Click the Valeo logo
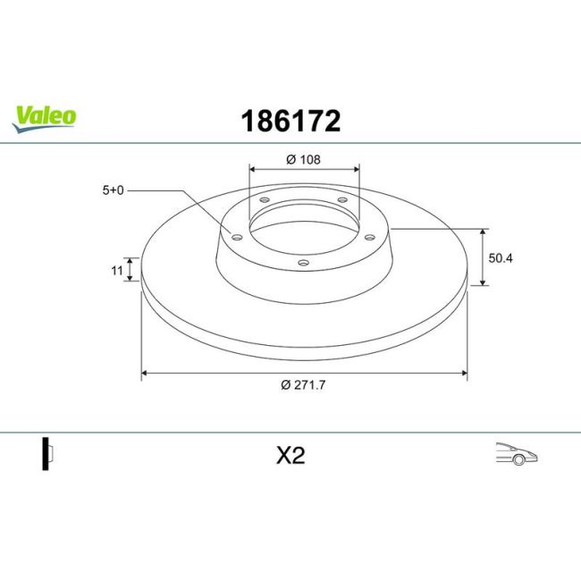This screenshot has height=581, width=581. [x=44, y=117]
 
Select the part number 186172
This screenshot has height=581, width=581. [x=290, y=121]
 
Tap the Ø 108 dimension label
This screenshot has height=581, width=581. [x=303, y=160]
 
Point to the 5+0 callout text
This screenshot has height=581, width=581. [x=114, y=189]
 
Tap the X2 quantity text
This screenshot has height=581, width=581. [x=290, y=456]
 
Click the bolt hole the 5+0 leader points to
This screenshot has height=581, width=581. [x=237, y=237]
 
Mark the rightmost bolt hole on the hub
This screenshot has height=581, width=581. [x=369, y=236]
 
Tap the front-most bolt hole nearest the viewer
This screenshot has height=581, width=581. [x=303, y=263]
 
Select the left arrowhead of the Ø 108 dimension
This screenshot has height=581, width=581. [x=251, y=168]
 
